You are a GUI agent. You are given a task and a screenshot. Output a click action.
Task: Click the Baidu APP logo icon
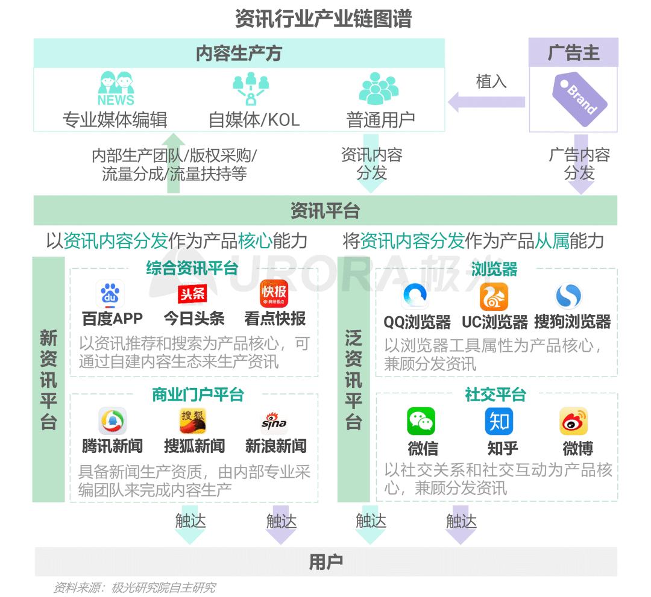coord(110,294)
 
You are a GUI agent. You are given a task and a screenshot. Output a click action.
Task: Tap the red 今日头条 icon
coord(193,294)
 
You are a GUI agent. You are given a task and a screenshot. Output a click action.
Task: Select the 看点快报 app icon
coord(274,294)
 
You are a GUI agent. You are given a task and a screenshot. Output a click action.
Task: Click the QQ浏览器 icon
coord(416,296)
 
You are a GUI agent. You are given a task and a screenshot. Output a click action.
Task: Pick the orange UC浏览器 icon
coord(494,296)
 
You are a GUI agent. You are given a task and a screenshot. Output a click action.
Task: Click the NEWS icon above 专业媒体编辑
coord(116,89)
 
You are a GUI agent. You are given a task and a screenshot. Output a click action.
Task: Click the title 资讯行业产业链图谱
coord(324,19)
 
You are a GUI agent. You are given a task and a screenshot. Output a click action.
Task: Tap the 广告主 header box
coord(573,53)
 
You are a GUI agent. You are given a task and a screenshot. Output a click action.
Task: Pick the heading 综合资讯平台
coord(192,269)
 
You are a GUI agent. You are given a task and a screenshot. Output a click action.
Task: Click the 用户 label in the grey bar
coord(325,562)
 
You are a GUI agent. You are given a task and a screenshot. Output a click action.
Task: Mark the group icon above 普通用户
coord(379,89)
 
